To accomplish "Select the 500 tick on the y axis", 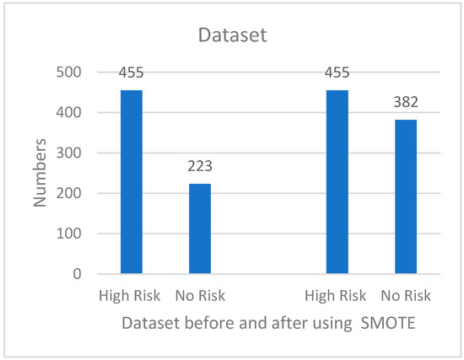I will pyautogui.click(x=68, y=73).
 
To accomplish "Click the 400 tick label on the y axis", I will pyautogui.click(x=68, y=113).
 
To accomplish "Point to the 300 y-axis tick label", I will pyautogui.click(x=68, y=153).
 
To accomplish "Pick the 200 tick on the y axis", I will pyautogui.click(x=68, y=193).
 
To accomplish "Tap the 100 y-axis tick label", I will pyautogui.click(x=68, y=234).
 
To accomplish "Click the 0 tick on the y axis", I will pyautogui.click(x=75, y=274).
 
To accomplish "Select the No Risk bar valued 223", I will pyautogui.click(x=200, y=228).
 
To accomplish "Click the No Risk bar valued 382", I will pyautogui.click(x=406, y=196).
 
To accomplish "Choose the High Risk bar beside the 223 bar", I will pyautogui.click(x=132, y=182).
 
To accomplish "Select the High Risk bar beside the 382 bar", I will pyautogui.click(x=337, y=182).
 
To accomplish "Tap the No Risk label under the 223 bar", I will pyautogui.click(x=200, y=296).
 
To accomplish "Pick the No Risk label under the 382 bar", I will pyautogui.click(x=406, y=296).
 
